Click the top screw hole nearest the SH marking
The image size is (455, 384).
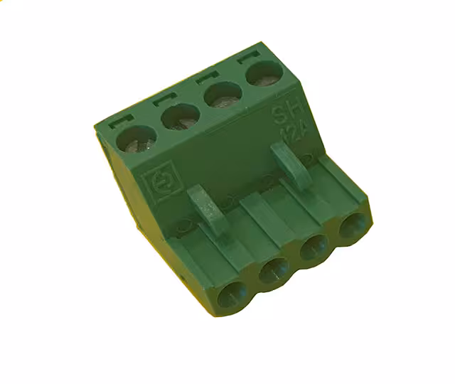pos(262,73)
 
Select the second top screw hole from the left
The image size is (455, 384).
pos(179,116)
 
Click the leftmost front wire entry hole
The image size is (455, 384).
pos(232,294)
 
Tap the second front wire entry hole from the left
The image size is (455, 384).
pos(273,271)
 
